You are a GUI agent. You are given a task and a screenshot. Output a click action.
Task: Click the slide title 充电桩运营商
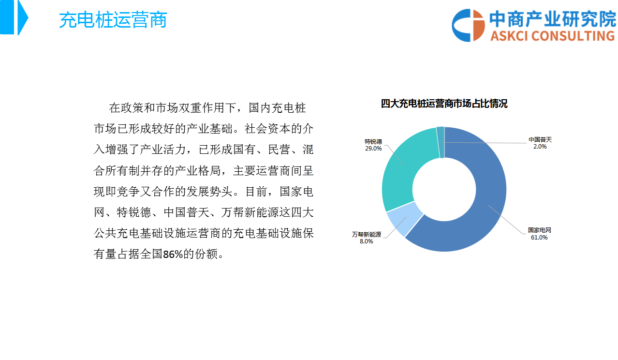(x=113, y=20)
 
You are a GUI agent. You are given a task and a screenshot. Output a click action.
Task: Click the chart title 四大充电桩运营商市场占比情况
(x=444, y=104)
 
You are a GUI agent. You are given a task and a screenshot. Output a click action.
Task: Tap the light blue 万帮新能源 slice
(x=404, y=218)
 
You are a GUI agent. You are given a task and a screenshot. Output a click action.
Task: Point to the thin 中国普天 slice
(x=441, y=142)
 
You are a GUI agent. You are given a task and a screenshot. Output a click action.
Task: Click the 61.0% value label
(x=539, y=238)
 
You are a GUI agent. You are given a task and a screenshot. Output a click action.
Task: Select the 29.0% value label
(x=373, y=149)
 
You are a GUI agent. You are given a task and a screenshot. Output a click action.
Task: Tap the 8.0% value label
(x=366, y=241)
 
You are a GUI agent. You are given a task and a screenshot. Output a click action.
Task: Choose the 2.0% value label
(x=540, y=147)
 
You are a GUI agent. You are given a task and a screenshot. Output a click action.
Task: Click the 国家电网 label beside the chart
(x=539, y=230)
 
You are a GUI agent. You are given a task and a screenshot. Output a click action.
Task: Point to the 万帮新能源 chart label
(x=367, y=234)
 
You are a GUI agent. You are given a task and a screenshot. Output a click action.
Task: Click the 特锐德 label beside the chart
(x=373, y=142)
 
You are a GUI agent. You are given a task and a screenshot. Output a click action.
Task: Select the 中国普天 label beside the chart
(x=540, y=140)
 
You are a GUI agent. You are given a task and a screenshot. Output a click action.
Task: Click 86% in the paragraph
(x=173, y=254)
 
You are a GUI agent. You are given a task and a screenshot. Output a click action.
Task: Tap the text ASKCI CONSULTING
(x=553, y=36)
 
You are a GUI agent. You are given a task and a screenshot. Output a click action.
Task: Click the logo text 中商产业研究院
(x=553, y=19)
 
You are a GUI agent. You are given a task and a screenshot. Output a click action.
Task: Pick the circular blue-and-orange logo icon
(x=468, y=25)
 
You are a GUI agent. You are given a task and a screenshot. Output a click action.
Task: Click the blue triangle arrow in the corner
(x=23, y=17)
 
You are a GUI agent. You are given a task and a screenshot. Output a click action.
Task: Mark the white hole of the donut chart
(x=444, y=189)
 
